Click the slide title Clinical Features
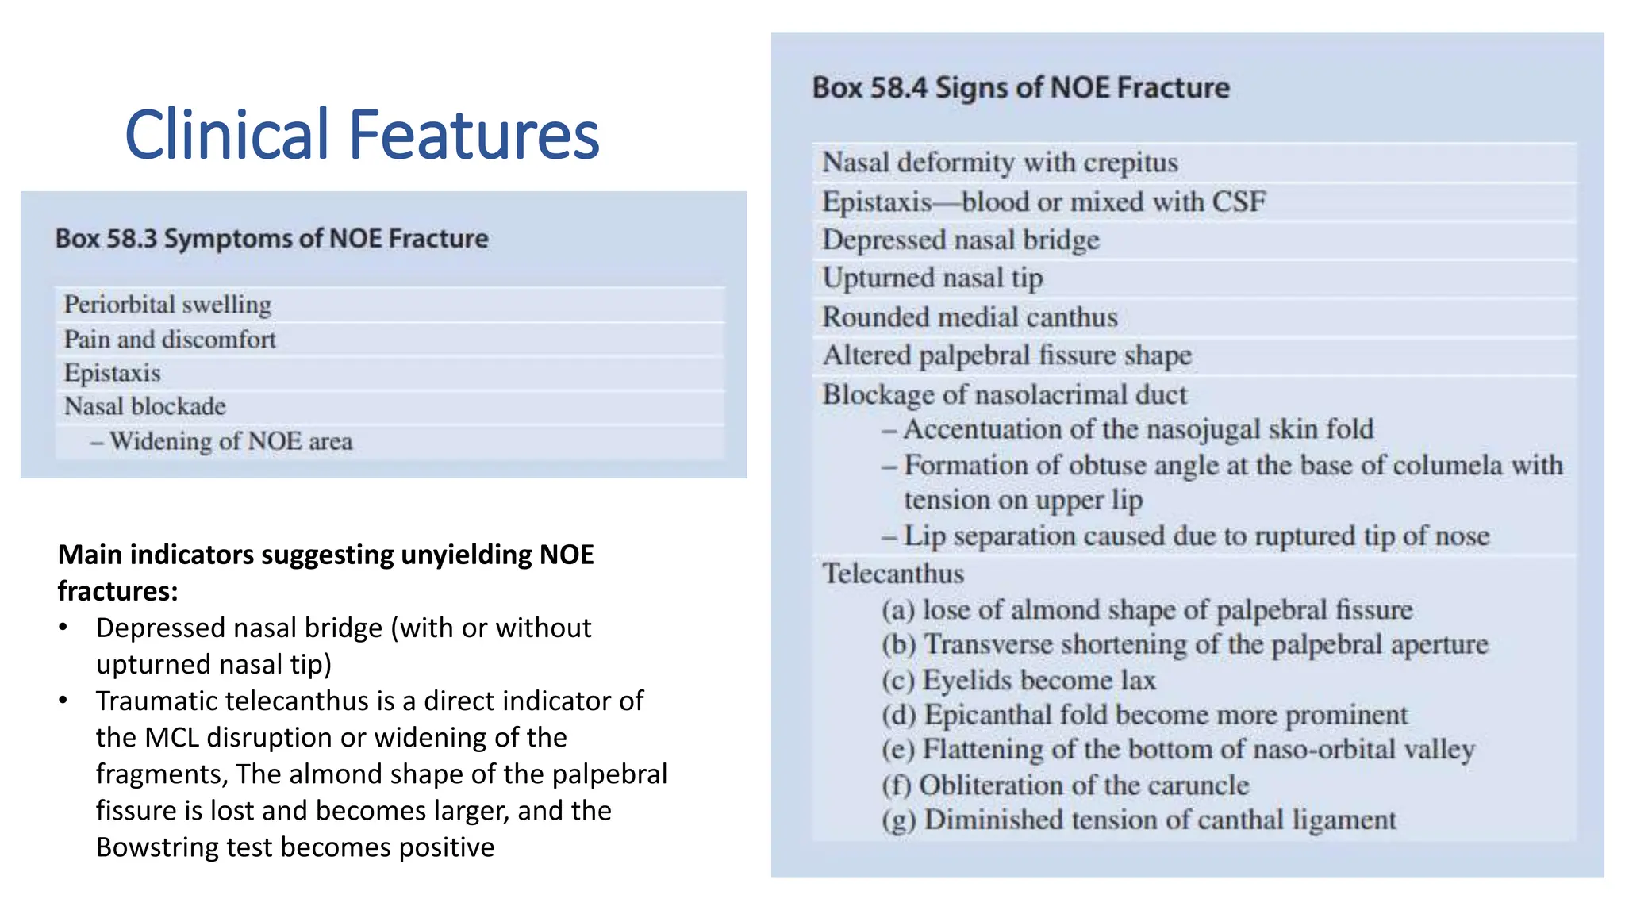[362, 134]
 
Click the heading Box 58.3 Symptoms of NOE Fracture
[271, 239]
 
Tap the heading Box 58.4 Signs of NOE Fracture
[1020, 87]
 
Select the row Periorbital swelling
[167, 305]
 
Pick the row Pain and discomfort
[170, 340]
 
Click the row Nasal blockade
[145, 406]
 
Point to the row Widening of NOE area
[231, 441]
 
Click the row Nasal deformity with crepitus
[1000, 163]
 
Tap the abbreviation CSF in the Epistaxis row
[1238, 202]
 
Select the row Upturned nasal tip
[932, 278]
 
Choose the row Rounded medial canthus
[970, 317]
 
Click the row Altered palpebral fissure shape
[1007, 355]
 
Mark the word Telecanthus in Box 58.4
[893, 574]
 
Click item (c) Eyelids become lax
[1019, 681]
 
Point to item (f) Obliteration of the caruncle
[1065, 785]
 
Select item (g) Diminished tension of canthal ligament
[1139, 820]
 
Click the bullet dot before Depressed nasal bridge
[63, 628]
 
